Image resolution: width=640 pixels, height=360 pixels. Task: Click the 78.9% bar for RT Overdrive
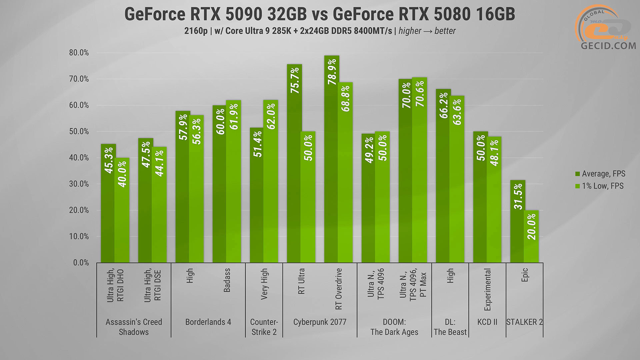[x=331, y=160]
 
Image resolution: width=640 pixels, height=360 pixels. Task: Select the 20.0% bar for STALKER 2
[x=531, y=237]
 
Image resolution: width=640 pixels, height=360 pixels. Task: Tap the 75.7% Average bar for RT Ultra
[x=294, y=163]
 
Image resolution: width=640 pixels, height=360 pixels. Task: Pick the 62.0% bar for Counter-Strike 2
[x=271, y=182]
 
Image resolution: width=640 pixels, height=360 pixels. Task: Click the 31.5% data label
[x=518, y=196]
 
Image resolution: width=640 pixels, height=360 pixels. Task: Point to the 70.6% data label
[x=420, y=94]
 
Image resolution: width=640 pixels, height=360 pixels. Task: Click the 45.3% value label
[x=109, y=160]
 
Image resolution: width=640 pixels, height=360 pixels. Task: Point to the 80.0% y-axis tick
[x=79, y=53]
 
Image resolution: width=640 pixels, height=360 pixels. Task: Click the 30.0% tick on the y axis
[x=79, y=184]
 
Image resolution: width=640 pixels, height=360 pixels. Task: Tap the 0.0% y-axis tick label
[x=81, y=263]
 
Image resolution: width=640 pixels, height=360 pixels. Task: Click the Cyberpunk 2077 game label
[x=320, y=322]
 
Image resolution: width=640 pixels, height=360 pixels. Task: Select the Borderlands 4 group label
[x=208, y=322]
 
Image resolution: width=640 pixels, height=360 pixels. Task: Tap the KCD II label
[x=487, y=322]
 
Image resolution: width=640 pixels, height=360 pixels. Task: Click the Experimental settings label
[x=487, y=289]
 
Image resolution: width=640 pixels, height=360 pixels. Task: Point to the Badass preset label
[x=227, y=280]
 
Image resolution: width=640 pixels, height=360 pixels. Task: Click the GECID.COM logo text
[x=608, y=46]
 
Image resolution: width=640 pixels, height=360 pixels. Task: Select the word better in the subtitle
[x=445, y=31]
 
